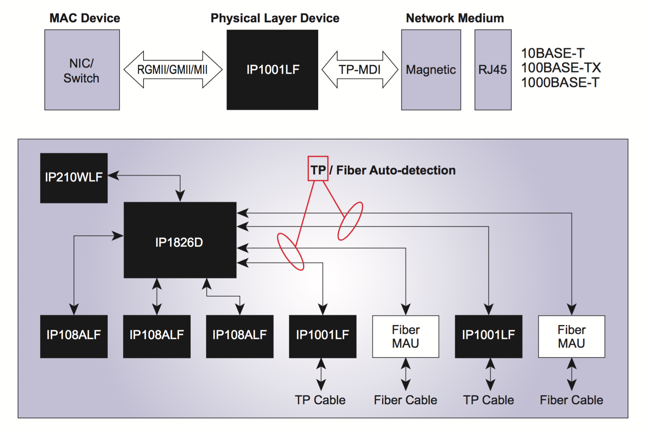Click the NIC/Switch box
[82, 70]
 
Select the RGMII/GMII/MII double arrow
[173, 70]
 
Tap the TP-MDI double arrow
[359, 70]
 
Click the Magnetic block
[431, 70]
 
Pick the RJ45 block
[493, 70]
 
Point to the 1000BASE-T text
[560, 83]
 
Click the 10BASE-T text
[553, 53]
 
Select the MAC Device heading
[85, 18]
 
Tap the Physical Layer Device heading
[275, 18]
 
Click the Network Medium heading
[455, 18]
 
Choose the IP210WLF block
[74, 178]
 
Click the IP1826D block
[180, 240]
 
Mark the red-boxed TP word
[318, 169]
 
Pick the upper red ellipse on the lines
[350, 221]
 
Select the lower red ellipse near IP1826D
[290, 252]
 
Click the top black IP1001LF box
[272, 70]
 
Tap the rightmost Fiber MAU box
[571, 336]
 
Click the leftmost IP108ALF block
[74, 336]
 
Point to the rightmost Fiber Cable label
[571, 400]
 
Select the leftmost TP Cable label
[320, 400]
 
